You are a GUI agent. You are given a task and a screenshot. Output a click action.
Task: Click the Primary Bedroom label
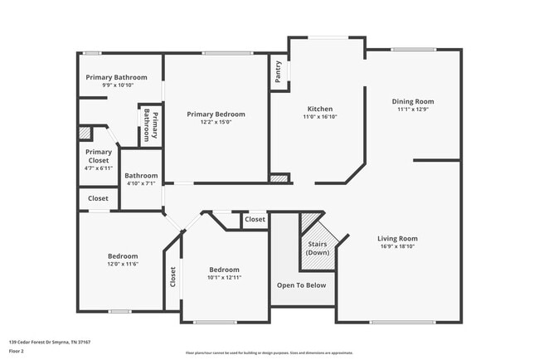pos(216,114)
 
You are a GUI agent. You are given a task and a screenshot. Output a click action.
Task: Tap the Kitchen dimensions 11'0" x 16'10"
pos(320,118)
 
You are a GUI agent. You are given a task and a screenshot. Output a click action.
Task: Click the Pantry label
pos(278,71)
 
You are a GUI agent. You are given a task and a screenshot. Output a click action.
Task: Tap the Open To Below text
pos(302,285)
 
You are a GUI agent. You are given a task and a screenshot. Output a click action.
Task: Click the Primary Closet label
pos(98,156)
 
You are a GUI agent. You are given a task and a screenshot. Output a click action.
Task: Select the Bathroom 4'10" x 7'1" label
pos(141,179)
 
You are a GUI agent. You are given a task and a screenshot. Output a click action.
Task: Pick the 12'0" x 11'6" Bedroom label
pos(122,260)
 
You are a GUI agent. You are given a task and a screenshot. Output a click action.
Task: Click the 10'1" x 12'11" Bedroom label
pos(224,274)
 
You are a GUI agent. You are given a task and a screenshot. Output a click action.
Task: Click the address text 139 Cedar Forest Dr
pos(50,341)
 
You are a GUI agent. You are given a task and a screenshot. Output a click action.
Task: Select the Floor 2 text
pos(17,351)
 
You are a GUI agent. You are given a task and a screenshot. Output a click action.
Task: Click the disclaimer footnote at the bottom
pos(269,352)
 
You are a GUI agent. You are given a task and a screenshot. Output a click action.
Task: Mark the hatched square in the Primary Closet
pos(85,132)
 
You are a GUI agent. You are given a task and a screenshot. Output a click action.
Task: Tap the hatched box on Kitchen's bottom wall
pos(279,178)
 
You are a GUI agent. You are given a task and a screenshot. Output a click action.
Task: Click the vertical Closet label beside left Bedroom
pos(172,276)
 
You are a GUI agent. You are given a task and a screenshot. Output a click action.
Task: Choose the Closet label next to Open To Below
pos(255,220)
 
